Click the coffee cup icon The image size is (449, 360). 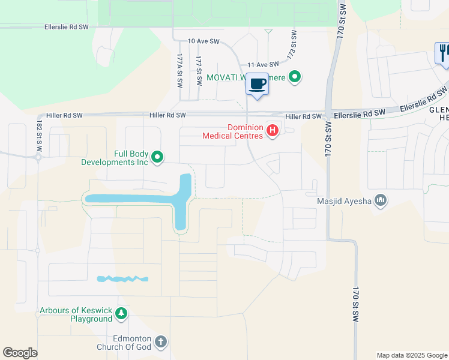(258, 84)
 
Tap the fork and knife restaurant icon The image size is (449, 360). (442, 53)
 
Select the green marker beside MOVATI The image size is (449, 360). (294, 77)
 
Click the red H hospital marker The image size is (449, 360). (273, 130)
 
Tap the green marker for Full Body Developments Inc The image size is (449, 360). (157, 157)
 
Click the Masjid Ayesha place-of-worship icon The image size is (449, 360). (380, 200)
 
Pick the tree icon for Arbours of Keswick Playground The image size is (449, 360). (121, 314)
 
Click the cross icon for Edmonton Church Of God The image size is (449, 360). (160, 342)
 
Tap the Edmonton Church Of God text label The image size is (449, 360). (124, 342)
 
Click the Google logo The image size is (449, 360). (20, 353)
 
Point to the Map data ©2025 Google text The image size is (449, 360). (411, 355)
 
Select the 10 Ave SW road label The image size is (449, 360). (203, 41)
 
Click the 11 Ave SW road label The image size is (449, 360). (264, 64)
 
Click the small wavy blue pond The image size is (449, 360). (122, 278)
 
